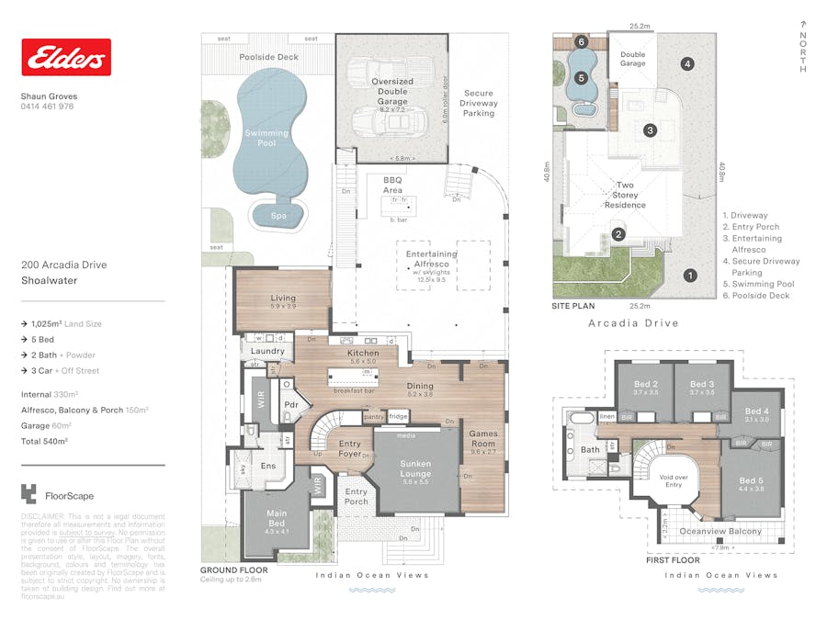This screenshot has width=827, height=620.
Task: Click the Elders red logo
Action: click(66, 57)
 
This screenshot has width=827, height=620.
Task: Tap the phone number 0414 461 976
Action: click(47, 107)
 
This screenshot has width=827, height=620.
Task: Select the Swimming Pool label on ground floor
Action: click(266, 138)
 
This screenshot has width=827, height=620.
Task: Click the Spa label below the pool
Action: click(278, 216)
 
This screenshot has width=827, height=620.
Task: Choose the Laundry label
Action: click(266, 351)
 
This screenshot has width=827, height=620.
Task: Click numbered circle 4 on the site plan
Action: click(686, 63)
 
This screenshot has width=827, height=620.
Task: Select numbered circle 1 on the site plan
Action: click(690, 275)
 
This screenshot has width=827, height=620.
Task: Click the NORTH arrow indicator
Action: click(803, 46)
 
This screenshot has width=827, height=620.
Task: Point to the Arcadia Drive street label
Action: click(633, 323)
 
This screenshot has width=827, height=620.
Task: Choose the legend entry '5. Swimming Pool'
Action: click(759, 284)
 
